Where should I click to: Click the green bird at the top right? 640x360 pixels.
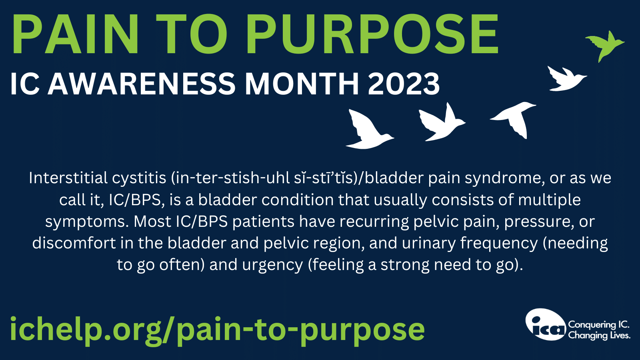click(x=605, y=46)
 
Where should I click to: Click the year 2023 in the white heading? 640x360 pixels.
click(x=404, y=84)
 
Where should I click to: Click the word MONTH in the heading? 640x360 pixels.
click(x=302, y=84)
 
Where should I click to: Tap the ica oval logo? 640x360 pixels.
click(x=546, y=324)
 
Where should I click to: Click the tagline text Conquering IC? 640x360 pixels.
click(x=598, y=324)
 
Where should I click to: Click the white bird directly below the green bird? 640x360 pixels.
click(x=566, y=78)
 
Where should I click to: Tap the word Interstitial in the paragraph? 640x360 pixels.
click(x=68, y=178)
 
